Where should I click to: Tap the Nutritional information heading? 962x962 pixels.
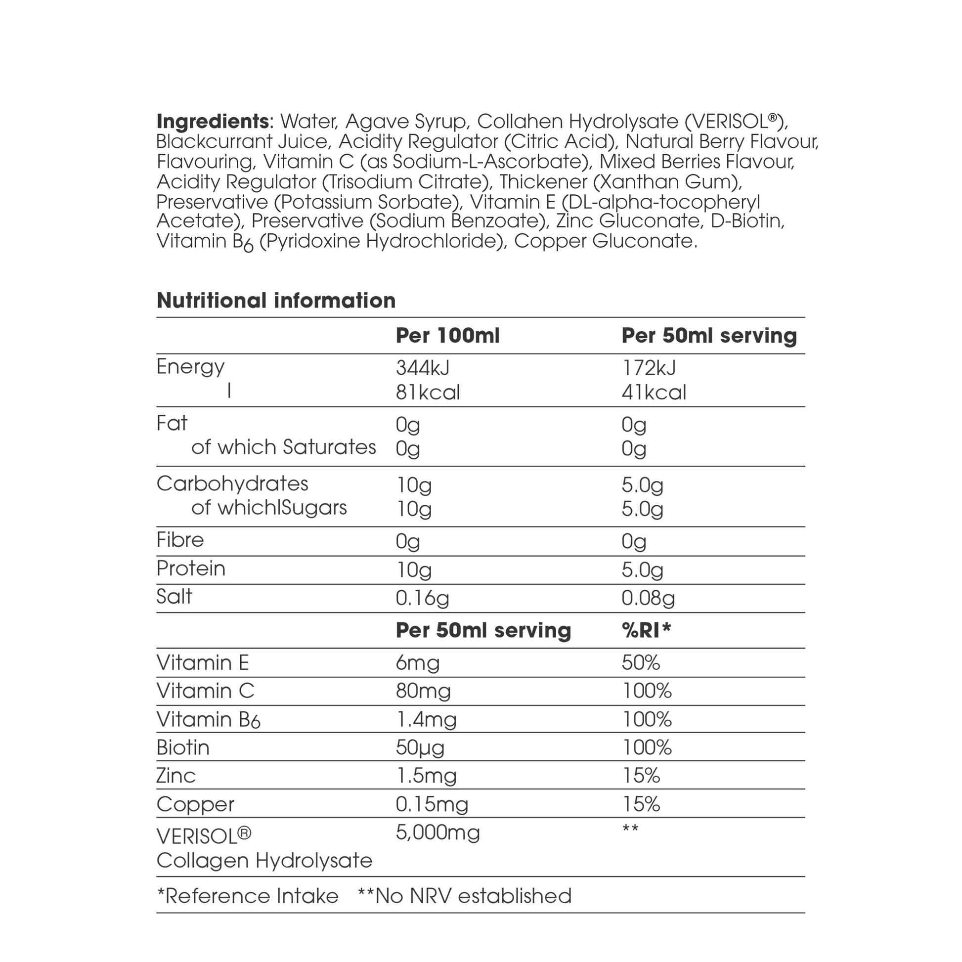(x=276, y=301)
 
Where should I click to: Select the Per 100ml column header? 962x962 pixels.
(x=447, y=336)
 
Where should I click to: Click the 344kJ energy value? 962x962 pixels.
(x=422, y=368)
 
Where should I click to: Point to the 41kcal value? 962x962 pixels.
(x=654, y=393)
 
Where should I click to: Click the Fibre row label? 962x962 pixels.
(x=180, y=540)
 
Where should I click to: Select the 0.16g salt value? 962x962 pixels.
(x=422, y=598)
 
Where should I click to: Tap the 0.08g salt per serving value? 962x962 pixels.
(x=647, y=598)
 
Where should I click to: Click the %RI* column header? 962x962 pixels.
(x=646, y=630)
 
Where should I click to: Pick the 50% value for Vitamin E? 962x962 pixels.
(x=640, y=663)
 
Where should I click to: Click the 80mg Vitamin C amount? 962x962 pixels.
(x=423, y=691)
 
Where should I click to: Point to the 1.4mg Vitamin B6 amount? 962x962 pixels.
(x=426, y=719)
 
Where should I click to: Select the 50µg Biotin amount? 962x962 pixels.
(x=420, y=748)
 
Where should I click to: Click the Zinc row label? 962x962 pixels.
(x=176, y=776)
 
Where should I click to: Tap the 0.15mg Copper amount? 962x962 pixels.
(x=432, y=804)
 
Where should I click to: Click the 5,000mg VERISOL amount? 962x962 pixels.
(x=437, y=832)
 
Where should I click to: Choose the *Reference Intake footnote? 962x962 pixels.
(x=248, y=896)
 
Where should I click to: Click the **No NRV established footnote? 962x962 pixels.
(x=464, y=896)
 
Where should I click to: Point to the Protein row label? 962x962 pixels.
(x=191, y=568)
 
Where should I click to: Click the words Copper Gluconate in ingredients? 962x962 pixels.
(x=605, y=241)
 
